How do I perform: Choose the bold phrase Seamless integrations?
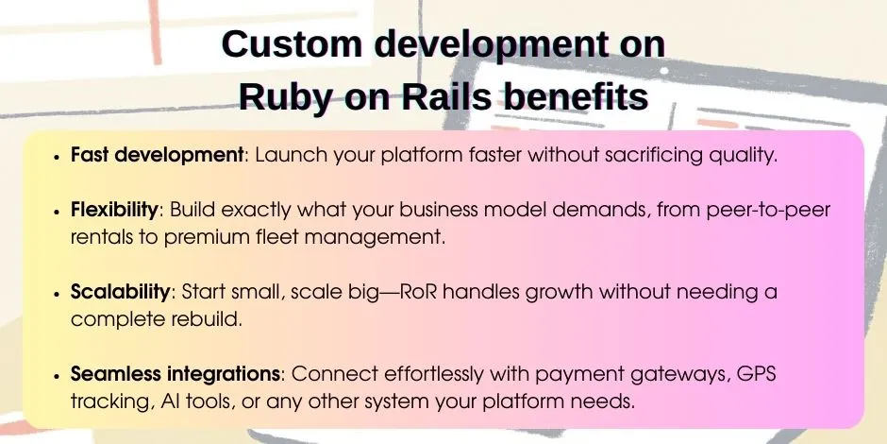click(x=175, y=373)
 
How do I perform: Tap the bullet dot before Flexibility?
click(x=59, y=211)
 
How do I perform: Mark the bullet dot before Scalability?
click(x=59, y=293)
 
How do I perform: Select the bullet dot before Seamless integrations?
click(x=59, y=374)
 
